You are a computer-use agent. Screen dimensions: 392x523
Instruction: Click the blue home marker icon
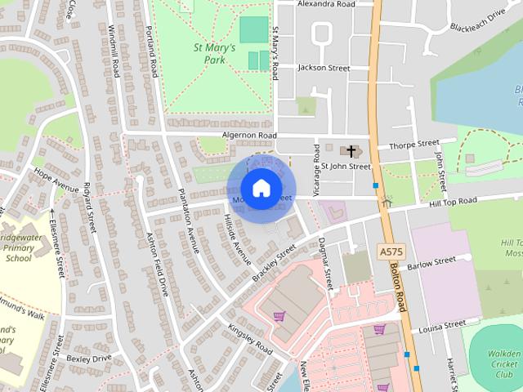click(x=260, y=189)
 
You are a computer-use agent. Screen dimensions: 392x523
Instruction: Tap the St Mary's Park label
click(x=214, y=54)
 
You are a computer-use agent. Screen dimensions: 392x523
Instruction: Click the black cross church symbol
click(x=351, y=151)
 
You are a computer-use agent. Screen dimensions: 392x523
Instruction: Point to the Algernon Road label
click(x=249, y=136)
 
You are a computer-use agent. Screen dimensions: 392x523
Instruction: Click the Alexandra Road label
click(x=326, y=4)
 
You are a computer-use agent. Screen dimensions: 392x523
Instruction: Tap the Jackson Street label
click(x=324, y=67)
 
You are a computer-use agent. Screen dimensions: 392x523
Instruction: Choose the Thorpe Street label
click(x=414, y=145)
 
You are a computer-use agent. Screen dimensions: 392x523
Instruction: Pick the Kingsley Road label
click(x=249, y=337)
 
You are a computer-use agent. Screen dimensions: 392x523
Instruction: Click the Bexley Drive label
click(x=88, y=358)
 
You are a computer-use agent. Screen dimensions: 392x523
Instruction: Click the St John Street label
click(x=346, y=167)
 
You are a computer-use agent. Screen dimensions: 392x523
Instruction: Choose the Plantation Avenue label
click(x=194, y=222)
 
